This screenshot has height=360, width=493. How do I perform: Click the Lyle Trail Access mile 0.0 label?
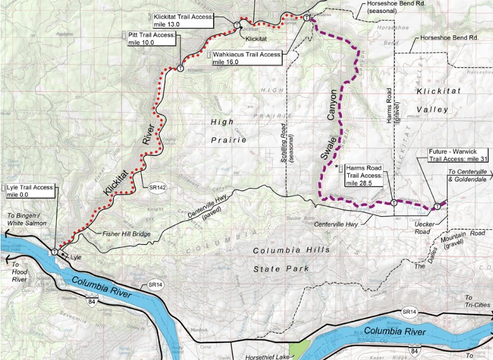tap(30, 191)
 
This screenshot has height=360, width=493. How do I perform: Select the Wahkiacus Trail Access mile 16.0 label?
tap(247, 58)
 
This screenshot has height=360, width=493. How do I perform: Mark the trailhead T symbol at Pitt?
tap(180, 68)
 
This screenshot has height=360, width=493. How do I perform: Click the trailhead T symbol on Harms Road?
tap(394, 203)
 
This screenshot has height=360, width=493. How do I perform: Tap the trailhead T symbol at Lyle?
tap(55, 251)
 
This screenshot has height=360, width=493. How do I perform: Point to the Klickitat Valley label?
tap(433, 101)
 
